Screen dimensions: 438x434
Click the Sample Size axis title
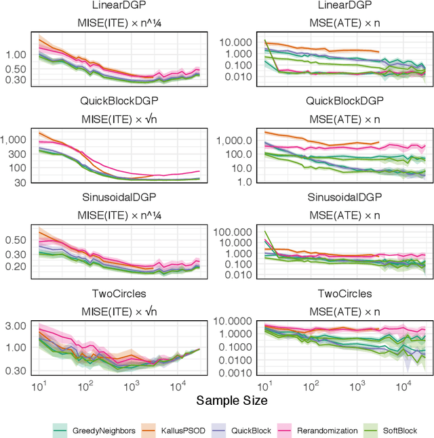232,401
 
